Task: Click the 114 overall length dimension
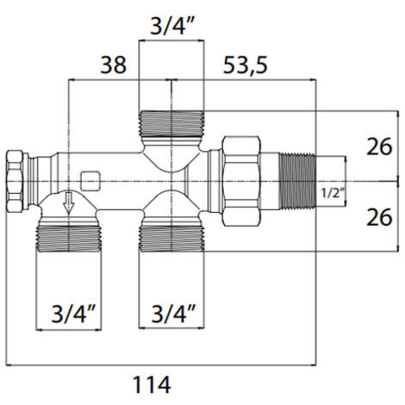(152, 384)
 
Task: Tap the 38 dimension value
(113, 65)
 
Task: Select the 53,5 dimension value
(245, 65)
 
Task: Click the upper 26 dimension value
(379, 146)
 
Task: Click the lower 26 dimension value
(379, 217)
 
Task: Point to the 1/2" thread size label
(333, 193)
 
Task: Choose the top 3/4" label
(171, 27)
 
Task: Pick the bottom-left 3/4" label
(73, 314)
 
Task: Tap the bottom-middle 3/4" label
(173, 314)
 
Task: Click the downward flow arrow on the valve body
(68, 203)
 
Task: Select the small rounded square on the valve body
(90, 181)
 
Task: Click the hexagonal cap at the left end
(17, 181)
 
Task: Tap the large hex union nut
(242, 181)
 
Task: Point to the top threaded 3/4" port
(171, 123)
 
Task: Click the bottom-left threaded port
(69, 239)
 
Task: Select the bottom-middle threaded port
(171, 239)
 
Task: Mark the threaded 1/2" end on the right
(297, 181)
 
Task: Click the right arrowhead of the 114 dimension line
(313, 365)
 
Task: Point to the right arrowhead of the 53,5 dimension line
(313, 80)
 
